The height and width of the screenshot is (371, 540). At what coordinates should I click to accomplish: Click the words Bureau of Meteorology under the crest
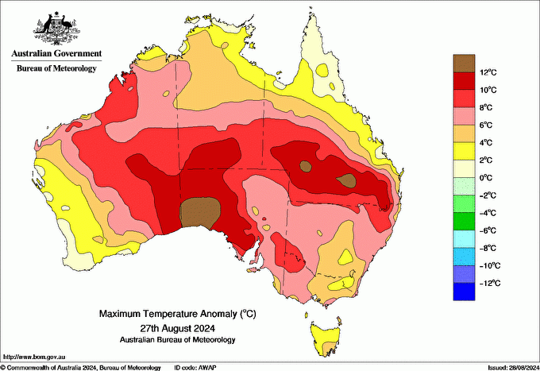tap(56, 68)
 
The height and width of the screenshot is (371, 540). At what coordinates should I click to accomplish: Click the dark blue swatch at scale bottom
tap(464, 292)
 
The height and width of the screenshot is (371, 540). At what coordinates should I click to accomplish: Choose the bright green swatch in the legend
tap(464, 222)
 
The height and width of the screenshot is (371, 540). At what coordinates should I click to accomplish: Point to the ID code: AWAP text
tap(196, 367)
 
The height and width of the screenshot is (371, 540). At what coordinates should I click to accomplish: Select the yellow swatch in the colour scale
tap(464, 151)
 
